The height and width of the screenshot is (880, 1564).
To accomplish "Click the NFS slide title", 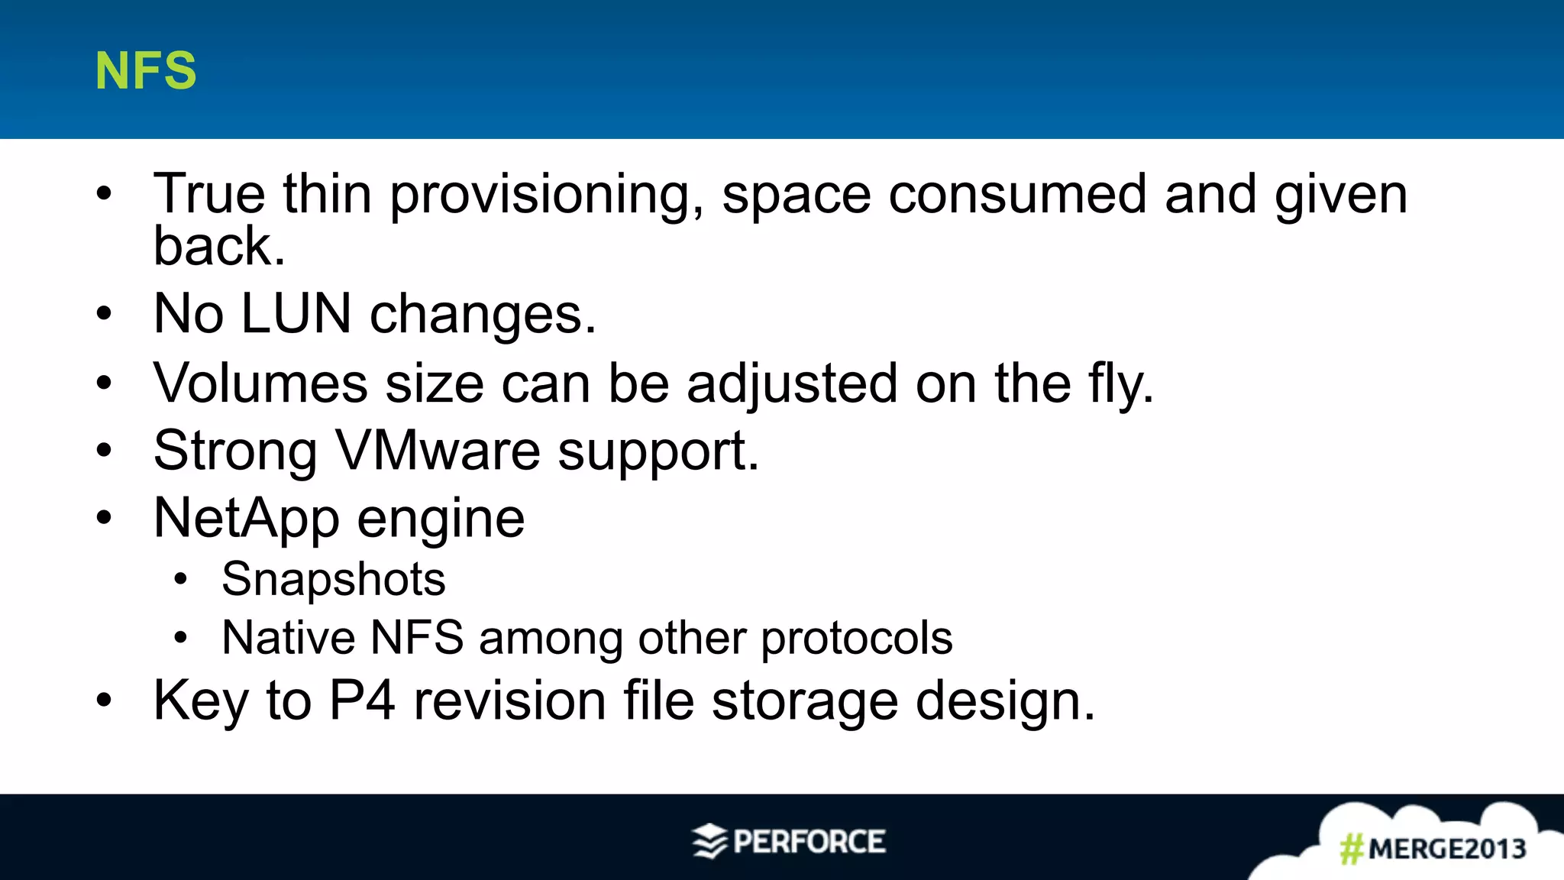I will (145, 71).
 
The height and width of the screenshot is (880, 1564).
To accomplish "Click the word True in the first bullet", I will (209, 194).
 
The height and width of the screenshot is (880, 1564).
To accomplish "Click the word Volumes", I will (260, 383).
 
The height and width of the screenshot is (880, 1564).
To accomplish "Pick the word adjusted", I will (792, 384).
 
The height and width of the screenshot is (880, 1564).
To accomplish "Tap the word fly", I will (1120, 384).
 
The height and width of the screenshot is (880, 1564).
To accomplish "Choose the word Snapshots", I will (334, 579).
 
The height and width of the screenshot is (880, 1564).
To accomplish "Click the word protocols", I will (857, 638).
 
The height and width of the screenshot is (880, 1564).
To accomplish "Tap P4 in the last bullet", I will (362, 700).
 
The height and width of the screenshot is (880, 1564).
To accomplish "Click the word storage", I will (804, 701).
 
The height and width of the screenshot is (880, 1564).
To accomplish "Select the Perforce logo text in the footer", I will (809, 842).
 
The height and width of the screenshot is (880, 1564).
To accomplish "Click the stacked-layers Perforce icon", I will (709, 841).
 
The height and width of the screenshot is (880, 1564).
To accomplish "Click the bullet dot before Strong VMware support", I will (104, 451).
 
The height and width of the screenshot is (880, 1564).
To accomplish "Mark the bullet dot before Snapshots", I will (180, 579).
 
